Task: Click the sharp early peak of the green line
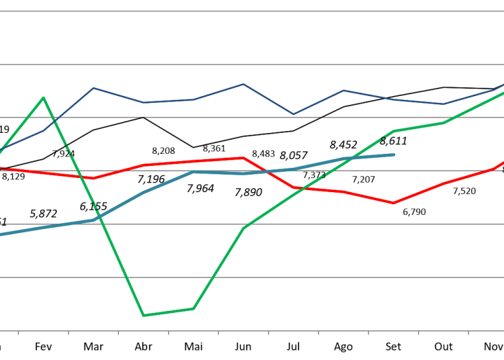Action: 44,97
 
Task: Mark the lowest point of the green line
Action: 143,315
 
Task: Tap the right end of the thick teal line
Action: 394,154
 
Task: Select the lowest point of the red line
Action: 394,203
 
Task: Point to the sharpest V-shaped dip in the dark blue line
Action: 293,114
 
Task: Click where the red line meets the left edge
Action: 1,168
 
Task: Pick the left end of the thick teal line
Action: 1,234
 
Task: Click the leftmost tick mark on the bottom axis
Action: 18,332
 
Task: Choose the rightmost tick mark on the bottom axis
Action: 468,332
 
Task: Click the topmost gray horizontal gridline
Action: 252,11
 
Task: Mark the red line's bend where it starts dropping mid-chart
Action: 243,158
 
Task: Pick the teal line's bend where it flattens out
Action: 194,172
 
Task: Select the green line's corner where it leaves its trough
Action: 194,308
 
